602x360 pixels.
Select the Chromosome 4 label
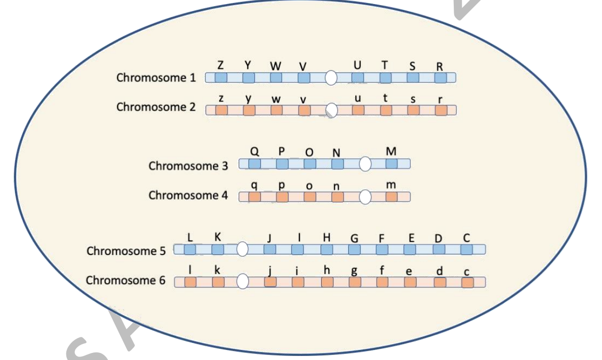click(x=188, y=196)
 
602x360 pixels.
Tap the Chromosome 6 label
click(x=126, y=281)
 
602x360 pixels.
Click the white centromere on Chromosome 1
click(x=331, y=78)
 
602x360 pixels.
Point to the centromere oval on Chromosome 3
click(x=365, y=164)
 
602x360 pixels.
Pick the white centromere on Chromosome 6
click(x=243, y=282)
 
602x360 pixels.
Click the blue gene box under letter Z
click(x=221, y=78)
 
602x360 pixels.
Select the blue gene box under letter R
click(x=440, y=78)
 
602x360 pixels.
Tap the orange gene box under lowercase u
click(x=358, y=110)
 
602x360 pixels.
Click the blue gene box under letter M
click(x=391, y=164)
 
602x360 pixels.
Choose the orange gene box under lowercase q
click(x=255, y=197)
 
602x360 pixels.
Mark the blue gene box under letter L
click(x=190, y=249)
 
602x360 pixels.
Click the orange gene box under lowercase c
click(x=467, y=283)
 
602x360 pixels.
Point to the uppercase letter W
click(x=276, y=66)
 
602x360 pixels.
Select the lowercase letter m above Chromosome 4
click(x=391, y=186)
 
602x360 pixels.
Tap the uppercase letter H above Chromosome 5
click(x=327, y=238)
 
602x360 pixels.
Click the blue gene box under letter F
click(x=382, y=249)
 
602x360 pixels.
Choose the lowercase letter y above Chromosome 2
click(x=248, y=99)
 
